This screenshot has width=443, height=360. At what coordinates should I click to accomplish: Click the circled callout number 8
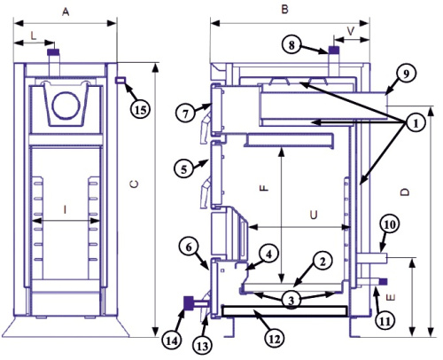point(291,45)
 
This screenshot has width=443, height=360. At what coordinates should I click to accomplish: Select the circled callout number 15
point(141,110)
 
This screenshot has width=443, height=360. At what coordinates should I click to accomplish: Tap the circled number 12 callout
point(275,339)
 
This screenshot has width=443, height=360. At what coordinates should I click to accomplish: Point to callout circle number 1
point(416,123)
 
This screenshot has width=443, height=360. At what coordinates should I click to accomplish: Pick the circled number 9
point(407,74)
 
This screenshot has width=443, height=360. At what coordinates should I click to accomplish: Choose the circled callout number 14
point(172,341)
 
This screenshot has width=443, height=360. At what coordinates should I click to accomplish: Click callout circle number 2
point(323,262)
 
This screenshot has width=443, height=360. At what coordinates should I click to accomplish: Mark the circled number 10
point(390,225)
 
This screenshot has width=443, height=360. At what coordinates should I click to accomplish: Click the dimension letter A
point(66,12)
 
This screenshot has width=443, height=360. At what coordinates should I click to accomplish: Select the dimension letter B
point(284,10)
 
